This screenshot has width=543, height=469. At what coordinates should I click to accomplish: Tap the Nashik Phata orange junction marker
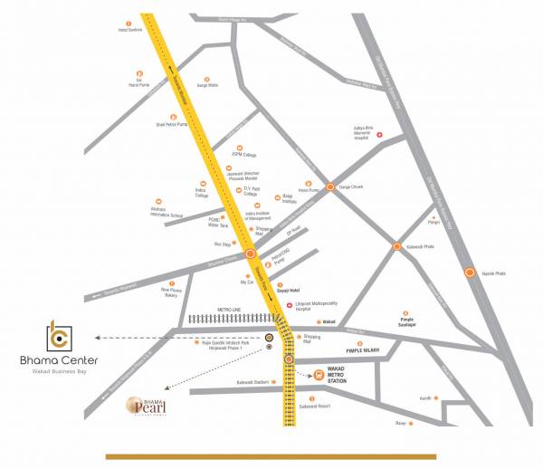pos(470,272)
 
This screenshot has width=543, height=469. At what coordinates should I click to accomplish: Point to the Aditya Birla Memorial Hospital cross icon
pos(380,136)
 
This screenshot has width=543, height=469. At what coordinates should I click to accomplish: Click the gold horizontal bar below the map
pos(271,456)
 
